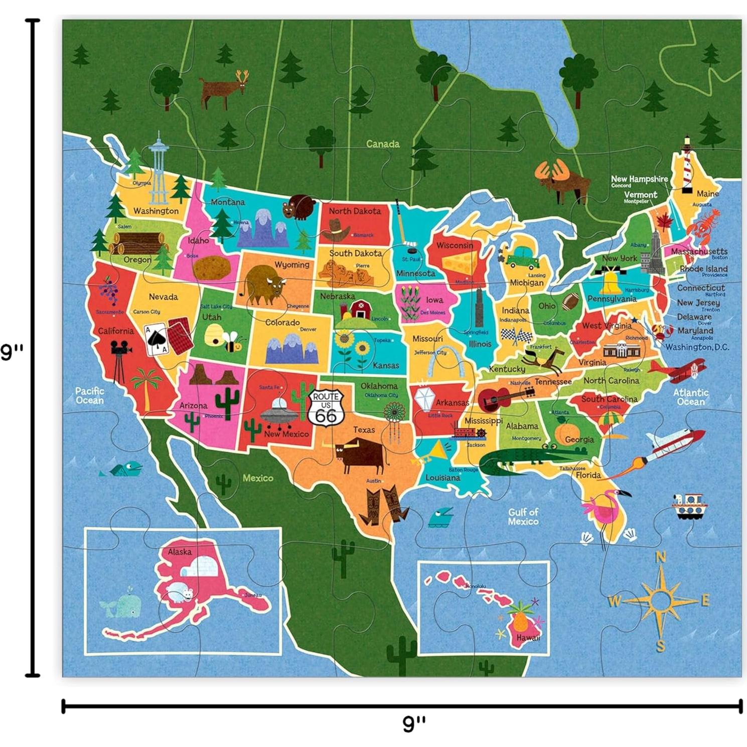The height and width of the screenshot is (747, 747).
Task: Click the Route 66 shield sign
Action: click(326, 408)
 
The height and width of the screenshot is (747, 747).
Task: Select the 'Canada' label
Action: click(382, 144)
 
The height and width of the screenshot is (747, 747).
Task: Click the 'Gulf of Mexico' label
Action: click(523, 517)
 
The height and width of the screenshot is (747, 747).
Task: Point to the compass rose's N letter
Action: click(661, 557)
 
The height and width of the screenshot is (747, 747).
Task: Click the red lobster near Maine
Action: click(704, 224)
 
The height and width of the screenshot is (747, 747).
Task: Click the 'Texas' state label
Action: click(364, 430)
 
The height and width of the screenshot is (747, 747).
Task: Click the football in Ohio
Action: click(570, 302)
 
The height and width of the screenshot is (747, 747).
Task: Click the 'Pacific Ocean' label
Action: click(90, 395)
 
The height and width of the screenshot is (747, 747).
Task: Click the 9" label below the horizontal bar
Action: click(414, 723)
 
